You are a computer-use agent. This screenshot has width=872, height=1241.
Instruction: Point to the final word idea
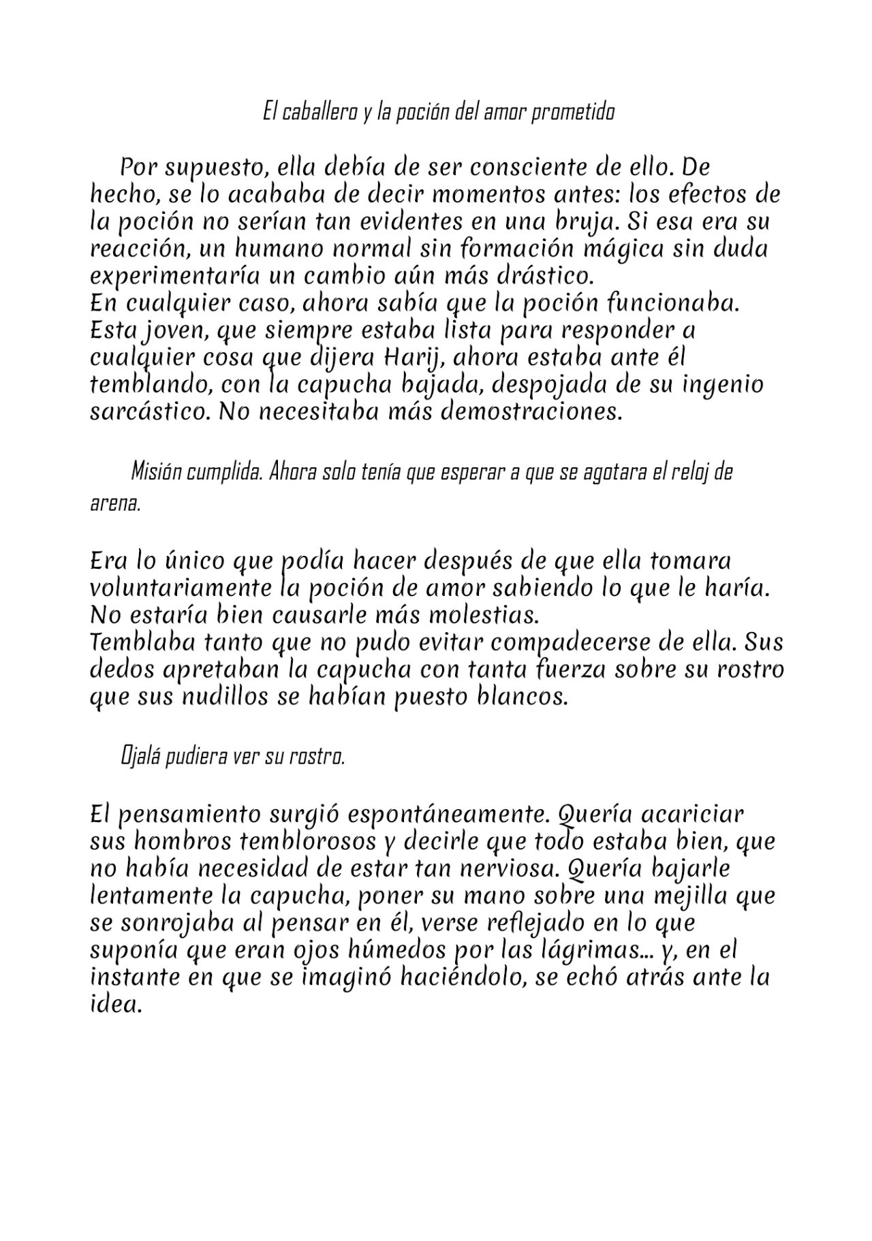tap(115, 1005)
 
